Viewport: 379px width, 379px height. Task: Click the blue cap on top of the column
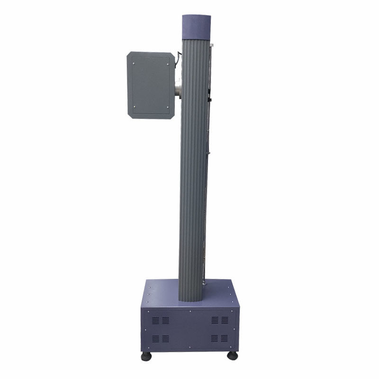pyautogui.click(x=196, y=27)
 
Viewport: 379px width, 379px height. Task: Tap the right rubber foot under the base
pyautogui.click(x=232, y=355)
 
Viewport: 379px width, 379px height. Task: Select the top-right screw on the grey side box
pyautogui.click(x=168, y=61)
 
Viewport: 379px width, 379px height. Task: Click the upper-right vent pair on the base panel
pyautogui.click(x=219, y=321)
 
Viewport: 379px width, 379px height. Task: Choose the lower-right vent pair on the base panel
pyautogui.click(x=219, y=338)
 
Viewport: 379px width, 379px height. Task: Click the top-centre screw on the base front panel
pyautogui.click(x=190, y=312)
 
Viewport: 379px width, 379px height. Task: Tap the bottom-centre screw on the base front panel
pyautogui.click(x=190, y=348)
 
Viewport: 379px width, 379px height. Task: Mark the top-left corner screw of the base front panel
pyautogui.click(x=147, y=312)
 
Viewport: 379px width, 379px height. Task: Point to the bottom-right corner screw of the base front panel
pyautogui.click(x=232, y=348)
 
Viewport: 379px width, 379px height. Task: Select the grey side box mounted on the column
pyautogui.click(x=151, y=85)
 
